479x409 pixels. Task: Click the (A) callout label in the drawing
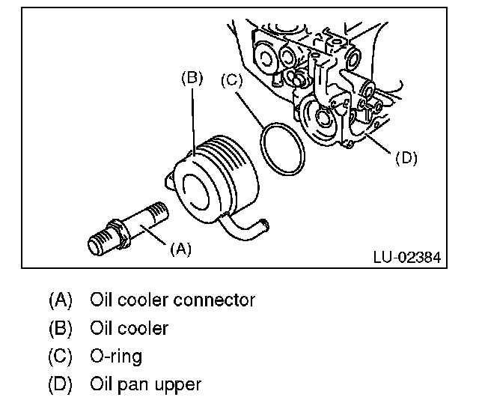coord(181,249)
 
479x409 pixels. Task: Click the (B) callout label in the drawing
coord(192,78)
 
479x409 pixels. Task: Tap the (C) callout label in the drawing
coord(231,80)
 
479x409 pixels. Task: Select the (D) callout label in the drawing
coord(406,158)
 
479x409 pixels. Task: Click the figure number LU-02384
coord(407,258)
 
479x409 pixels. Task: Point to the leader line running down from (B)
coord(193,121)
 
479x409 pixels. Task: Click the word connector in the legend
coord(214,300)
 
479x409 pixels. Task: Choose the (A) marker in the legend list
coord(60,300)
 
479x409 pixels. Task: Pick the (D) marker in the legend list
coord(60,384)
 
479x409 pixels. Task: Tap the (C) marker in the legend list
coord(60,357)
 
